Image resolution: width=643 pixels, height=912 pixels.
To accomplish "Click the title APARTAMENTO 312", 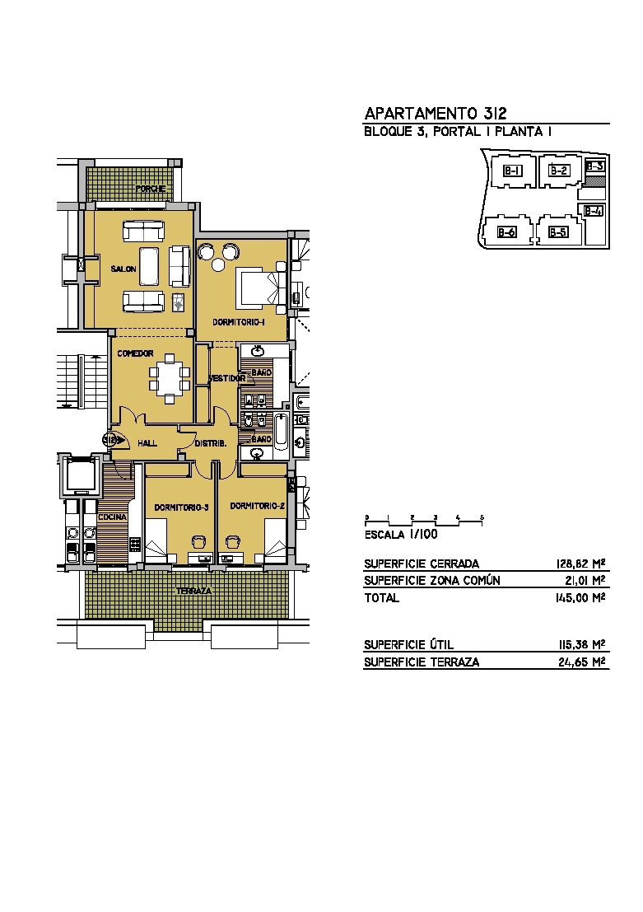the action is tap(436, 113).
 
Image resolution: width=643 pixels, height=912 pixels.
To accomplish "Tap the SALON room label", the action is tap(123, 269).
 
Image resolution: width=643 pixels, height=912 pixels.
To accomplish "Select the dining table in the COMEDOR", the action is tap(169, 377).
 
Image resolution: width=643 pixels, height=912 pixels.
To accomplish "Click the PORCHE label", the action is tap(151, 189).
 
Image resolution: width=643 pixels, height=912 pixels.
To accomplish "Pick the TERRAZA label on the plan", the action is tap(193, 591).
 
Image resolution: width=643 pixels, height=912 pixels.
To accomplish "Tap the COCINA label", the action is tap(112, 517).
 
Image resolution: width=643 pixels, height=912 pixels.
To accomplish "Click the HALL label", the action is tap(147, 443).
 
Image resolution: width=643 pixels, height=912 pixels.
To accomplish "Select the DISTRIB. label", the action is tap(211, 443).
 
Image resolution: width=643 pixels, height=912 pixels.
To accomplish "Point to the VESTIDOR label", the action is tap(226, 378).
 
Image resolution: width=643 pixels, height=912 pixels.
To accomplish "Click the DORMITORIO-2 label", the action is tap(257, 506).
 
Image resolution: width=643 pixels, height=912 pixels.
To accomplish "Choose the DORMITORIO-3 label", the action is tap(181, 507).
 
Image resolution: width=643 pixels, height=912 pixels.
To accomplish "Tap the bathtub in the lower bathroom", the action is tap(281, 432).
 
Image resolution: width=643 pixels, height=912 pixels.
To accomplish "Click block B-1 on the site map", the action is tap(512, 171).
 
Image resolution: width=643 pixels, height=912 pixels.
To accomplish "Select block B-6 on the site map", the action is tap(506, 232).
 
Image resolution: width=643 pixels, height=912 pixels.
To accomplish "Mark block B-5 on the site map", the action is tap(558, 232).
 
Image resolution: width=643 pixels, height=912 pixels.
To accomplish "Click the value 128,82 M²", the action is tap(580, 564).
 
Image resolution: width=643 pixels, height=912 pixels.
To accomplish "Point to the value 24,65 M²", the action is tap(581, 662).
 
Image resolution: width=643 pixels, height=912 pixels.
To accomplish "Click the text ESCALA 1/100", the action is tap(401, 535).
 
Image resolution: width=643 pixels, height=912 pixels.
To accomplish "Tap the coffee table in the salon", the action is tap(149, 266).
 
